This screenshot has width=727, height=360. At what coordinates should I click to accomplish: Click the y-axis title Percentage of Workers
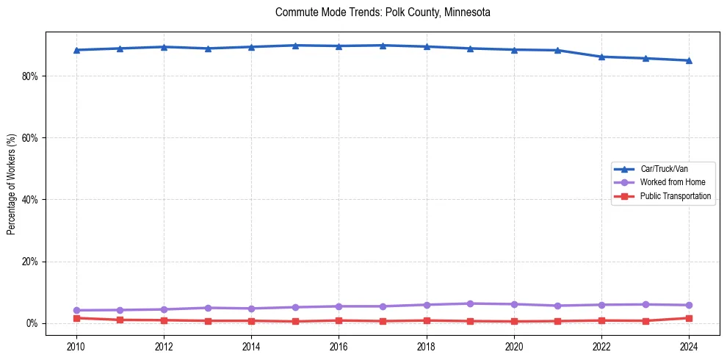11,184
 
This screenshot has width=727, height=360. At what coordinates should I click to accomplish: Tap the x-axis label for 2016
339,345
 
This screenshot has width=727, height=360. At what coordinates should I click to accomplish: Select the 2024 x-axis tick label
689,345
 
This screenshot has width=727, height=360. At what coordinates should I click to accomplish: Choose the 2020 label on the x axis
514,345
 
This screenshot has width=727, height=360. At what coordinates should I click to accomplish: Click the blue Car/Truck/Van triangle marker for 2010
76,50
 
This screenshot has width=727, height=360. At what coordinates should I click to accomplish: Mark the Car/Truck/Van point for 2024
689,60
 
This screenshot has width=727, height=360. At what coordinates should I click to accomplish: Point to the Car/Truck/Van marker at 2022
601,57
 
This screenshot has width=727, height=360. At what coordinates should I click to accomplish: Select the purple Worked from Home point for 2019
470,303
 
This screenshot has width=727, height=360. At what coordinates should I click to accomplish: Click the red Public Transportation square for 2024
689,318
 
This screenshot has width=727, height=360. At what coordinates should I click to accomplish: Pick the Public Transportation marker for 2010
76,318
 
